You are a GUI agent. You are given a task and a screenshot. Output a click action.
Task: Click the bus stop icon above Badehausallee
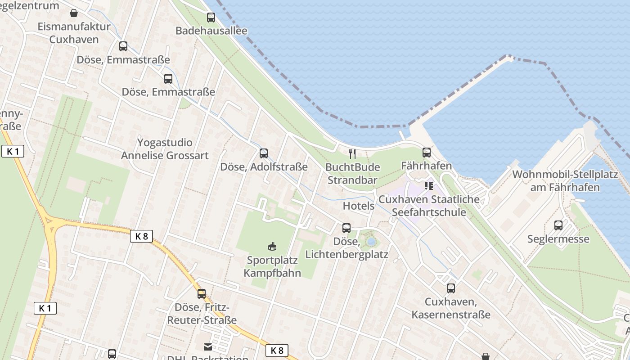[x=211, y=18]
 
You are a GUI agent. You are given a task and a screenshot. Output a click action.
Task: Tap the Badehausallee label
[x=211, y=31]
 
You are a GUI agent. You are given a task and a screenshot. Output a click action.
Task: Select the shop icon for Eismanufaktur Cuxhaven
[x=74, y=13]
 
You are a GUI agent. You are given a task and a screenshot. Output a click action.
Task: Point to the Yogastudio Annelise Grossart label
[x=165, y=149]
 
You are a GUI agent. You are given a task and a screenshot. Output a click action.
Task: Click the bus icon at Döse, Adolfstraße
[x=264, y=153]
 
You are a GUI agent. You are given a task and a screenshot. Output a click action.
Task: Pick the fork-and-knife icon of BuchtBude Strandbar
[x=352, y=154]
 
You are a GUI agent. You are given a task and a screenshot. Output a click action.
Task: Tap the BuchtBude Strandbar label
[x=352, y=174]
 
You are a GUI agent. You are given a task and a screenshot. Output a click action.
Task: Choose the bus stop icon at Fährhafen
[x=426, y=153]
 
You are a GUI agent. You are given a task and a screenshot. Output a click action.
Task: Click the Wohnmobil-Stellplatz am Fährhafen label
[x=565, y=181]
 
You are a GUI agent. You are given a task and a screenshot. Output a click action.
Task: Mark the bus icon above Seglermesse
[x=558, y=225]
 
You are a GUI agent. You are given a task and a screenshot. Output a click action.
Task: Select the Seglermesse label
[x=558, y=239]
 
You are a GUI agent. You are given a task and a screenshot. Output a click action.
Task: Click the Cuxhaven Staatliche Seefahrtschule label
[x=429, y=206]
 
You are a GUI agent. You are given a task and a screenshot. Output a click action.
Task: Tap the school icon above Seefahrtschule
[x=428, y=185]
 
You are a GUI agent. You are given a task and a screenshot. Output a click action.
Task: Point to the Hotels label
[x=359, y=206]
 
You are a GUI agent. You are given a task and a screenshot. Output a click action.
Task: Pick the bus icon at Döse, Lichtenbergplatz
[x=346, y=228]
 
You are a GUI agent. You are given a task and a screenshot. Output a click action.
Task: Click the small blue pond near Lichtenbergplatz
[x=371, y=242]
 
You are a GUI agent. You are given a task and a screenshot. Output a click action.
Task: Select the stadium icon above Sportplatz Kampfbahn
[x=272, y=246]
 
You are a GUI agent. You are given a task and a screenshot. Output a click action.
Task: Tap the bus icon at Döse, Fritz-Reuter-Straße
[x=202, y=294]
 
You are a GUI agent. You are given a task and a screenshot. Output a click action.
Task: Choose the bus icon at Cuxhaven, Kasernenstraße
[x=451, y=288]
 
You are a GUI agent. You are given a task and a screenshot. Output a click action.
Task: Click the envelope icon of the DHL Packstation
[x=208, y=346]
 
